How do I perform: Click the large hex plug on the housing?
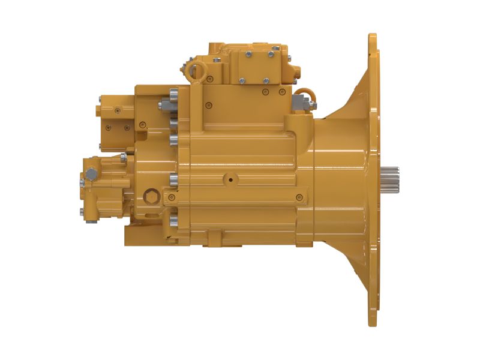click(x=150, y=196)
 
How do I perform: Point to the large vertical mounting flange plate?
click(x=373, y=180)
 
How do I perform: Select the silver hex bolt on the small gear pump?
click(x=91, y=175)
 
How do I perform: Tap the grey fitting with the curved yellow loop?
click(x=303, y=101)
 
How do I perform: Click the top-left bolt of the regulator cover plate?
click(x=247, y=55)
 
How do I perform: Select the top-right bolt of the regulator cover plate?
click(x=271, y=54)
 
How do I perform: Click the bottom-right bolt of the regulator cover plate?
click(x=266, y=80)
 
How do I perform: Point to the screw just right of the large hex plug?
click(x=172, y=197)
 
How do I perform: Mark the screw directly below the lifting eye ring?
click(x=209, y=79)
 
